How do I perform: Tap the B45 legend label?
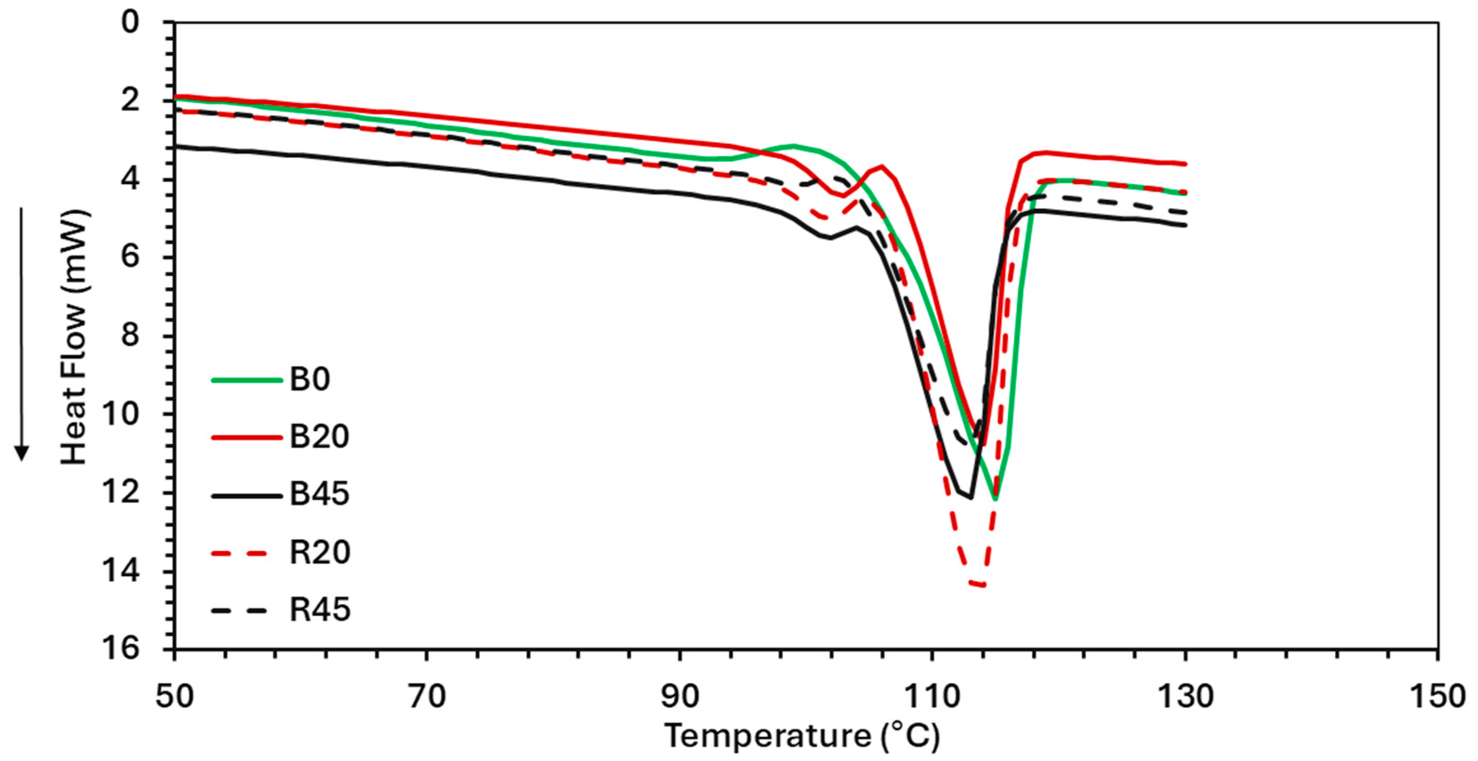click(319, 494)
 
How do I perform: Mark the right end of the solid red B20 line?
click(1185, 164)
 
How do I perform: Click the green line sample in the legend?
click(247, 380)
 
